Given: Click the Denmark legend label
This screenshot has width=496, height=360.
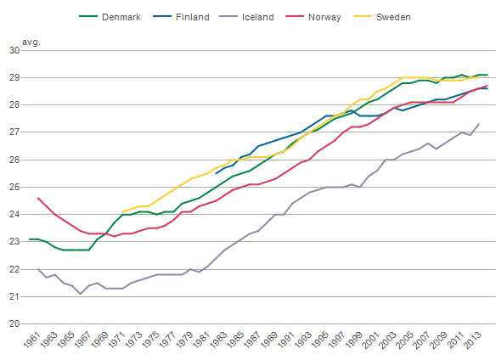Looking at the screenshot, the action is pyautogui.click(x=121, y=17).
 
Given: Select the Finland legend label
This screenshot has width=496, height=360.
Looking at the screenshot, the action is pyautogui.click(x=192, y=17).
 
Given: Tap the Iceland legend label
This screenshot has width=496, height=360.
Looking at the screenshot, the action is pyautogui.click(x=258, y=17).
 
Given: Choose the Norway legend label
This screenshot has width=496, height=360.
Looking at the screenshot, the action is pyautogui.click(x=324, y=17).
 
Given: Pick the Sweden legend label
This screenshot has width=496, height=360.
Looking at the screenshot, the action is pyautogui.click(x=393, y=17).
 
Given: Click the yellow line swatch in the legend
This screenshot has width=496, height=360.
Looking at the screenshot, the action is pyautogui.click(x=363, y=16).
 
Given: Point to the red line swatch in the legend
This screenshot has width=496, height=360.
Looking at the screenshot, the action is pyautogui.click(x=295, y=16).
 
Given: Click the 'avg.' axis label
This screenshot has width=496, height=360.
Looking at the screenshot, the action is pyautogui.click(x=31, y=42).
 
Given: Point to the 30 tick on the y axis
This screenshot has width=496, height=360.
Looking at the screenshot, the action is pyautogui.click(x=14, y=50).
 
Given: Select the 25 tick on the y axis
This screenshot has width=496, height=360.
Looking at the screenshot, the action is pyautogui.click(x=14, y=188).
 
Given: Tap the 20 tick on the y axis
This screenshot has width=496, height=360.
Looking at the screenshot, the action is pyautogui.click(x=14, y=324).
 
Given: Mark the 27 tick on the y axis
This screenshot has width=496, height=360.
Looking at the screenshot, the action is pyautogui.click(x=14, y=132).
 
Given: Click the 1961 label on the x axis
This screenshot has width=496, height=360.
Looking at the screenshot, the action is pyautogui.click(x=32, y=340).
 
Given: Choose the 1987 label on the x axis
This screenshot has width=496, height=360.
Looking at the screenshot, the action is pyautogui.click(x=252, y=340).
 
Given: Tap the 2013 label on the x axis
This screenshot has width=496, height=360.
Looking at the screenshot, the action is pyautogui.click(x=472, y=340).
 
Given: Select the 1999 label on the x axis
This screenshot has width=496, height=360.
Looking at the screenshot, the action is pyautogui.click(x=353, y=340).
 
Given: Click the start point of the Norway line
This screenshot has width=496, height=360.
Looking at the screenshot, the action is pyautogui.click(x=38, y=198).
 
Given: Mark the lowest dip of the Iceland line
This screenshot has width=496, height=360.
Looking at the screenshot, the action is pyautogui.click(x=81, y=294).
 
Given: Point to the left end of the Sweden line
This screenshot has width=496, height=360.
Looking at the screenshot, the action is pyautogui.click(x=123, y=211).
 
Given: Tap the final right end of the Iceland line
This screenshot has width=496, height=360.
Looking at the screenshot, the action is pyautogui.click(x=479, y=124).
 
